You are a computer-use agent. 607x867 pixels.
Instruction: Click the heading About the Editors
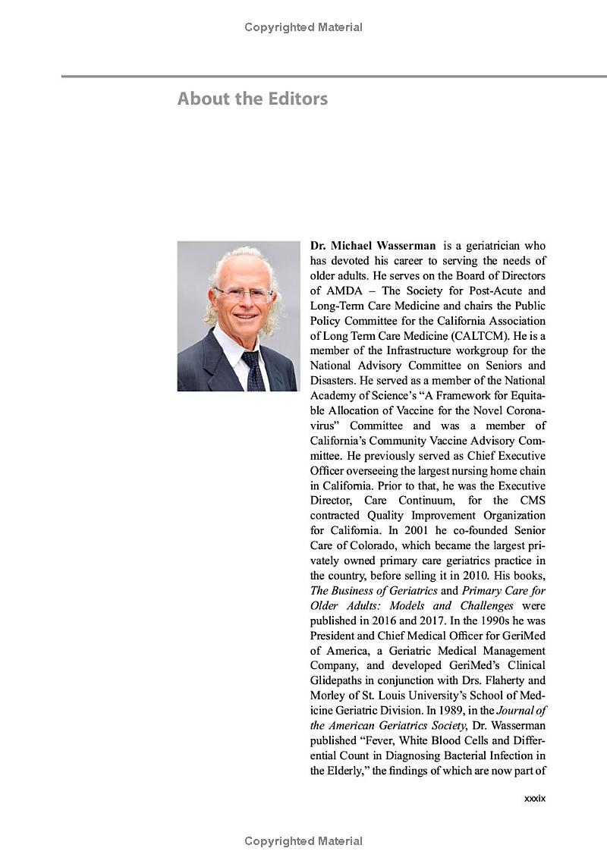coord(252,99)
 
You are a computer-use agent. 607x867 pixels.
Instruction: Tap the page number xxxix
coord(534,799)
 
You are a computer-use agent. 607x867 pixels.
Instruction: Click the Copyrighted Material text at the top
coord(303,27)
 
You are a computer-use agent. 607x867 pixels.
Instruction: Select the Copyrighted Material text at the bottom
coord(303,841)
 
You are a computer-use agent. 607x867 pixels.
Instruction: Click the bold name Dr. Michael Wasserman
coord(373,246)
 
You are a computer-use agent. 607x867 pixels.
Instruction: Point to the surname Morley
coord(329,696)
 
